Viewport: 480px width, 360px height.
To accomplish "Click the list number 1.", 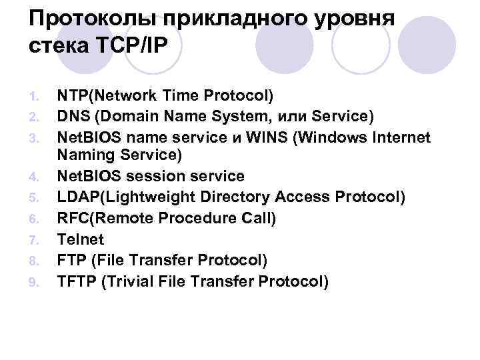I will click(x=35, y=96).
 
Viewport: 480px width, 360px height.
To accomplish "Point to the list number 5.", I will click(x=35, y=198).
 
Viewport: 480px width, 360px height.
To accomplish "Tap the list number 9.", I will click(x=35, y=282).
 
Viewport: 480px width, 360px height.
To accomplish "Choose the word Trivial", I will click(x=131, y=281).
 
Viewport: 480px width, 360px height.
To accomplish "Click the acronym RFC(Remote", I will click(x=100, y=219).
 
